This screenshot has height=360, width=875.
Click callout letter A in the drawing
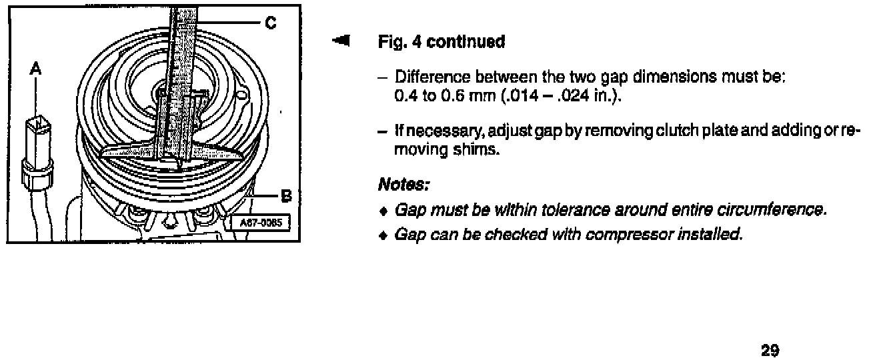35,68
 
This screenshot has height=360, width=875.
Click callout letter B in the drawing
287,196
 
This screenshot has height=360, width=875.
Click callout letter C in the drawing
270,23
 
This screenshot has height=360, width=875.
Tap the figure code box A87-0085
259,223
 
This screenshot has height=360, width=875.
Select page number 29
770,350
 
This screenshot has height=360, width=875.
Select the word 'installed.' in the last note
717,235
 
